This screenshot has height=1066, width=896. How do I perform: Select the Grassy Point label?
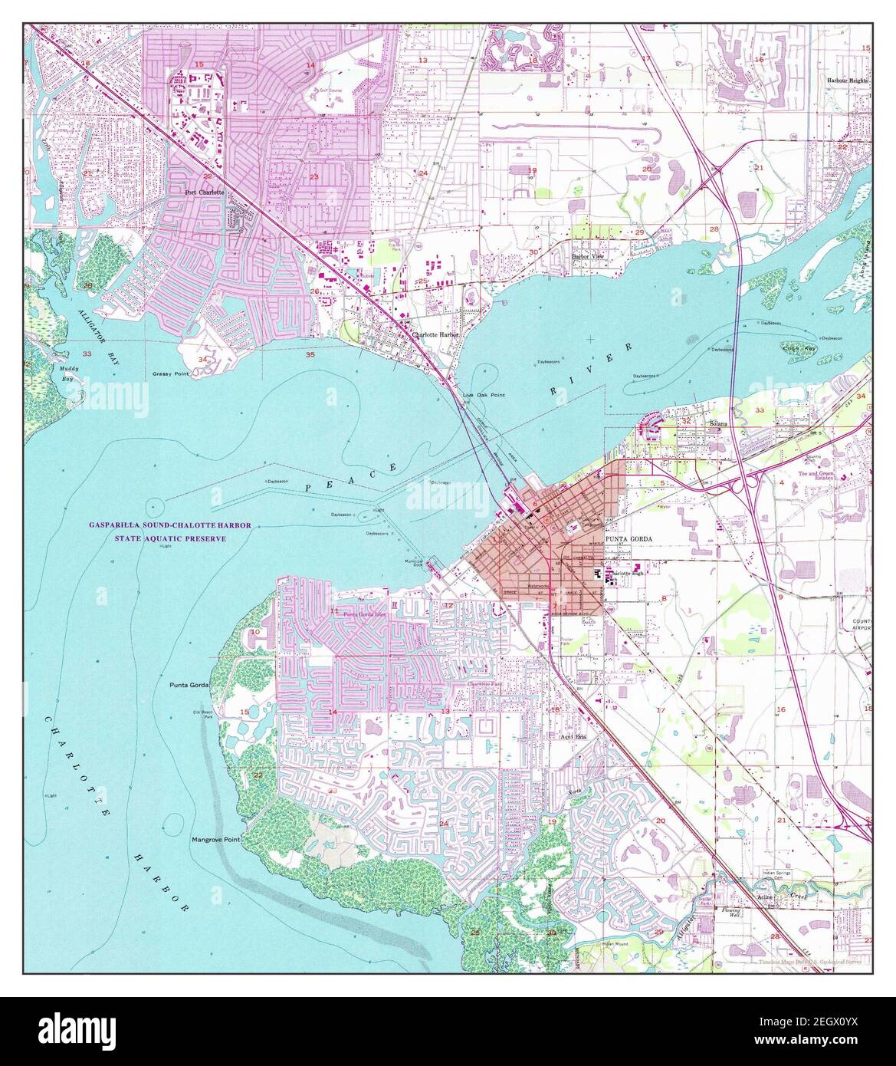[170, 374]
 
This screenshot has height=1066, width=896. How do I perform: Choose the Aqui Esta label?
[572, 735]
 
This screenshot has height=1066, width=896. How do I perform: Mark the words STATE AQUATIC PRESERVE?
[169, 538]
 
